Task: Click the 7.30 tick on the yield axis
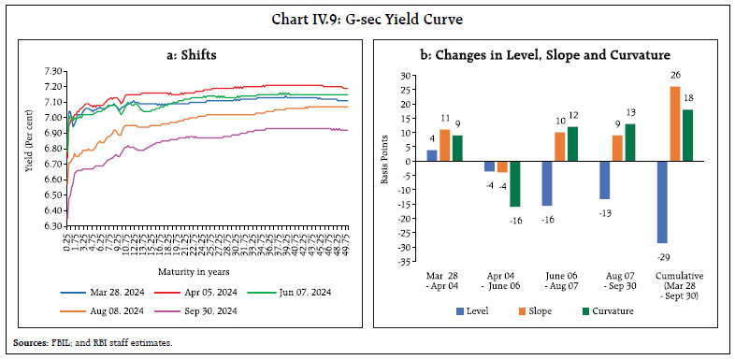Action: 51,71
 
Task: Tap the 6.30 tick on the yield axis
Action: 51,224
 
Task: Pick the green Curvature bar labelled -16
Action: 515,183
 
